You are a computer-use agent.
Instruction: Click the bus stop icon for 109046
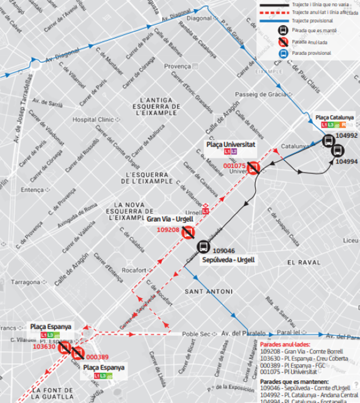tap(202, 247)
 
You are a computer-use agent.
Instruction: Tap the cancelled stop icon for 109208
tap(188, 233)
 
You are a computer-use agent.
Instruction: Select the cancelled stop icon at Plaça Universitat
tap(254, 168)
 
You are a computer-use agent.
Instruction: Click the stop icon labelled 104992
tap(328, 140)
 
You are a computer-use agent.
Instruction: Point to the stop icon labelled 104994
tap(338, 151)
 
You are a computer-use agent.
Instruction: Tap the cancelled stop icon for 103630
tap(65, 348)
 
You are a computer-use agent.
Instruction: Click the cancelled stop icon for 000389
tap(78, 354)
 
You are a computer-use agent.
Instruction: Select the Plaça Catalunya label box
tap(334, 118)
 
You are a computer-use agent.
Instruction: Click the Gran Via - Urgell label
tap(170, 219)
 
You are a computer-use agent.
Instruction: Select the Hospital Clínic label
tap(92, 119)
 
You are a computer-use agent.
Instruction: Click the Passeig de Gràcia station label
tap(261, 94)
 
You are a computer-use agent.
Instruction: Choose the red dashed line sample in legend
tap(273, 12)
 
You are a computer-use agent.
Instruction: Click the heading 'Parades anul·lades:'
tap(284, 345)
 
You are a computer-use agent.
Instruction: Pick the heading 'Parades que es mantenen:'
tap(291, 382)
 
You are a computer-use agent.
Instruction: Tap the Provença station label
tap(178, 67)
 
